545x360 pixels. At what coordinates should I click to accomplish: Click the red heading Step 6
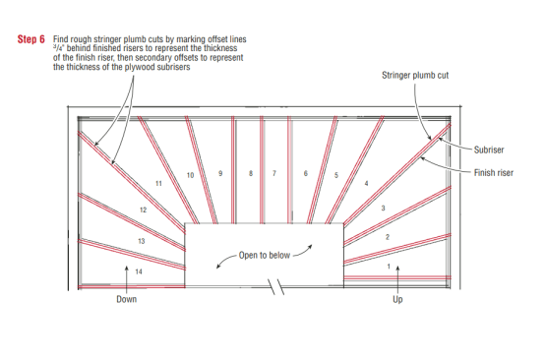[x=31, y=39]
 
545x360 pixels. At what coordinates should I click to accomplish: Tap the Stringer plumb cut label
[x=415, y=76]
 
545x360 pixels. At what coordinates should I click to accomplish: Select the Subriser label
[x=489, y=150]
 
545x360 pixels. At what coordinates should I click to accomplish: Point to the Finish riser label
[x=494, y=173]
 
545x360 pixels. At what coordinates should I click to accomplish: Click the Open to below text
[x=265, y=256]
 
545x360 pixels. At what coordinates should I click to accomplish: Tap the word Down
[x=127, y=299]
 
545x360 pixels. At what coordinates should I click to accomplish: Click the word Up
[x=397, y=300]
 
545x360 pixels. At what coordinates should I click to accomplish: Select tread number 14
[x=139, y=271]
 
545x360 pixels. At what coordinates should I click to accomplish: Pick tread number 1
[x=389, y=267]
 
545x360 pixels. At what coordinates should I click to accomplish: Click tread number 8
[x=251, y=173]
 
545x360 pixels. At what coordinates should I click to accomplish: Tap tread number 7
[x=274, y=173]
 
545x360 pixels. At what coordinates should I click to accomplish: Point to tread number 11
[x=158, y=184]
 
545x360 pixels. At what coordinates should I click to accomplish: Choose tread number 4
[x=366, y=183]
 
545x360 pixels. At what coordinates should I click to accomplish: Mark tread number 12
[x=143, y=210]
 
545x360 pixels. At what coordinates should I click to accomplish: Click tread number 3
[x=383, y=209]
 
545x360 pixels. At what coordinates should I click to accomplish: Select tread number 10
[x=190, y=175]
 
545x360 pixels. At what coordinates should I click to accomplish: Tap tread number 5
[x=336, y=175]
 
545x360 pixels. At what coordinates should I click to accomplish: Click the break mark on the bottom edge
[x=276, y=287]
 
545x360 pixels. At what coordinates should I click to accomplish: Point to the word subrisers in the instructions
[x=173, y=67]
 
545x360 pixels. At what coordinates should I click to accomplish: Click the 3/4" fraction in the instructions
[x=59, y=48]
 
